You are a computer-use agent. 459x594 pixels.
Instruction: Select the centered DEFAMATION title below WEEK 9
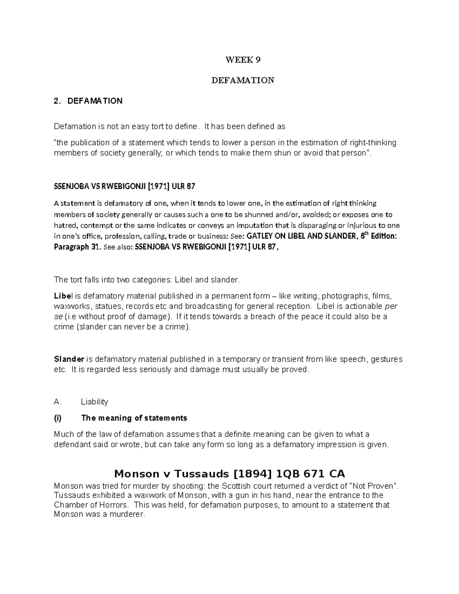click(x=243, y=80)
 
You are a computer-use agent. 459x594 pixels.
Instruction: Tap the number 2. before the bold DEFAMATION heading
click(x=57, y=101)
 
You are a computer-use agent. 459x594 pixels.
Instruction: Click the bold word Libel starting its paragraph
click(x=62, y=296)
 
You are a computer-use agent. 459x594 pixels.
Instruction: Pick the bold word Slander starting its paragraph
click(x=69, y=359)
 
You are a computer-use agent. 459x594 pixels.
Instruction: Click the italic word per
click(x=391, y=306)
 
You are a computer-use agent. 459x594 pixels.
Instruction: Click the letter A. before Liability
click(x=58, y=402)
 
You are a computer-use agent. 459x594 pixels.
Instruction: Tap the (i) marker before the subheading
click(x=58, y=418)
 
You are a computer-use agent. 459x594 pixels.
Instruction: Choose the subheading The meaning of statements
click(x=134, y=418)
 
